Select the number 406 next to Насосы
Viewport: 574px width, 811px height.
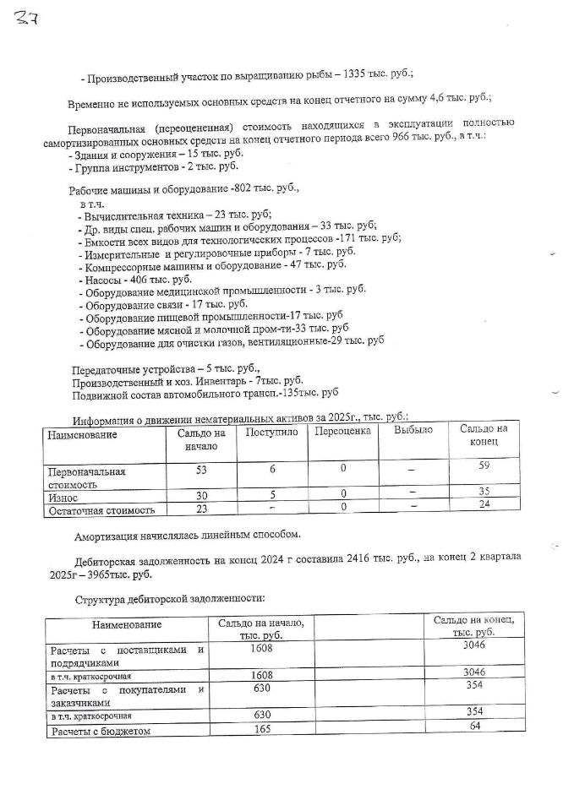139,280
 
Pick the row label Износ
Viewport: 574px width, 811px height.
65,498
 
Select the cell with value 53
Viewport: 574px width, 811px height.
200,470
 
